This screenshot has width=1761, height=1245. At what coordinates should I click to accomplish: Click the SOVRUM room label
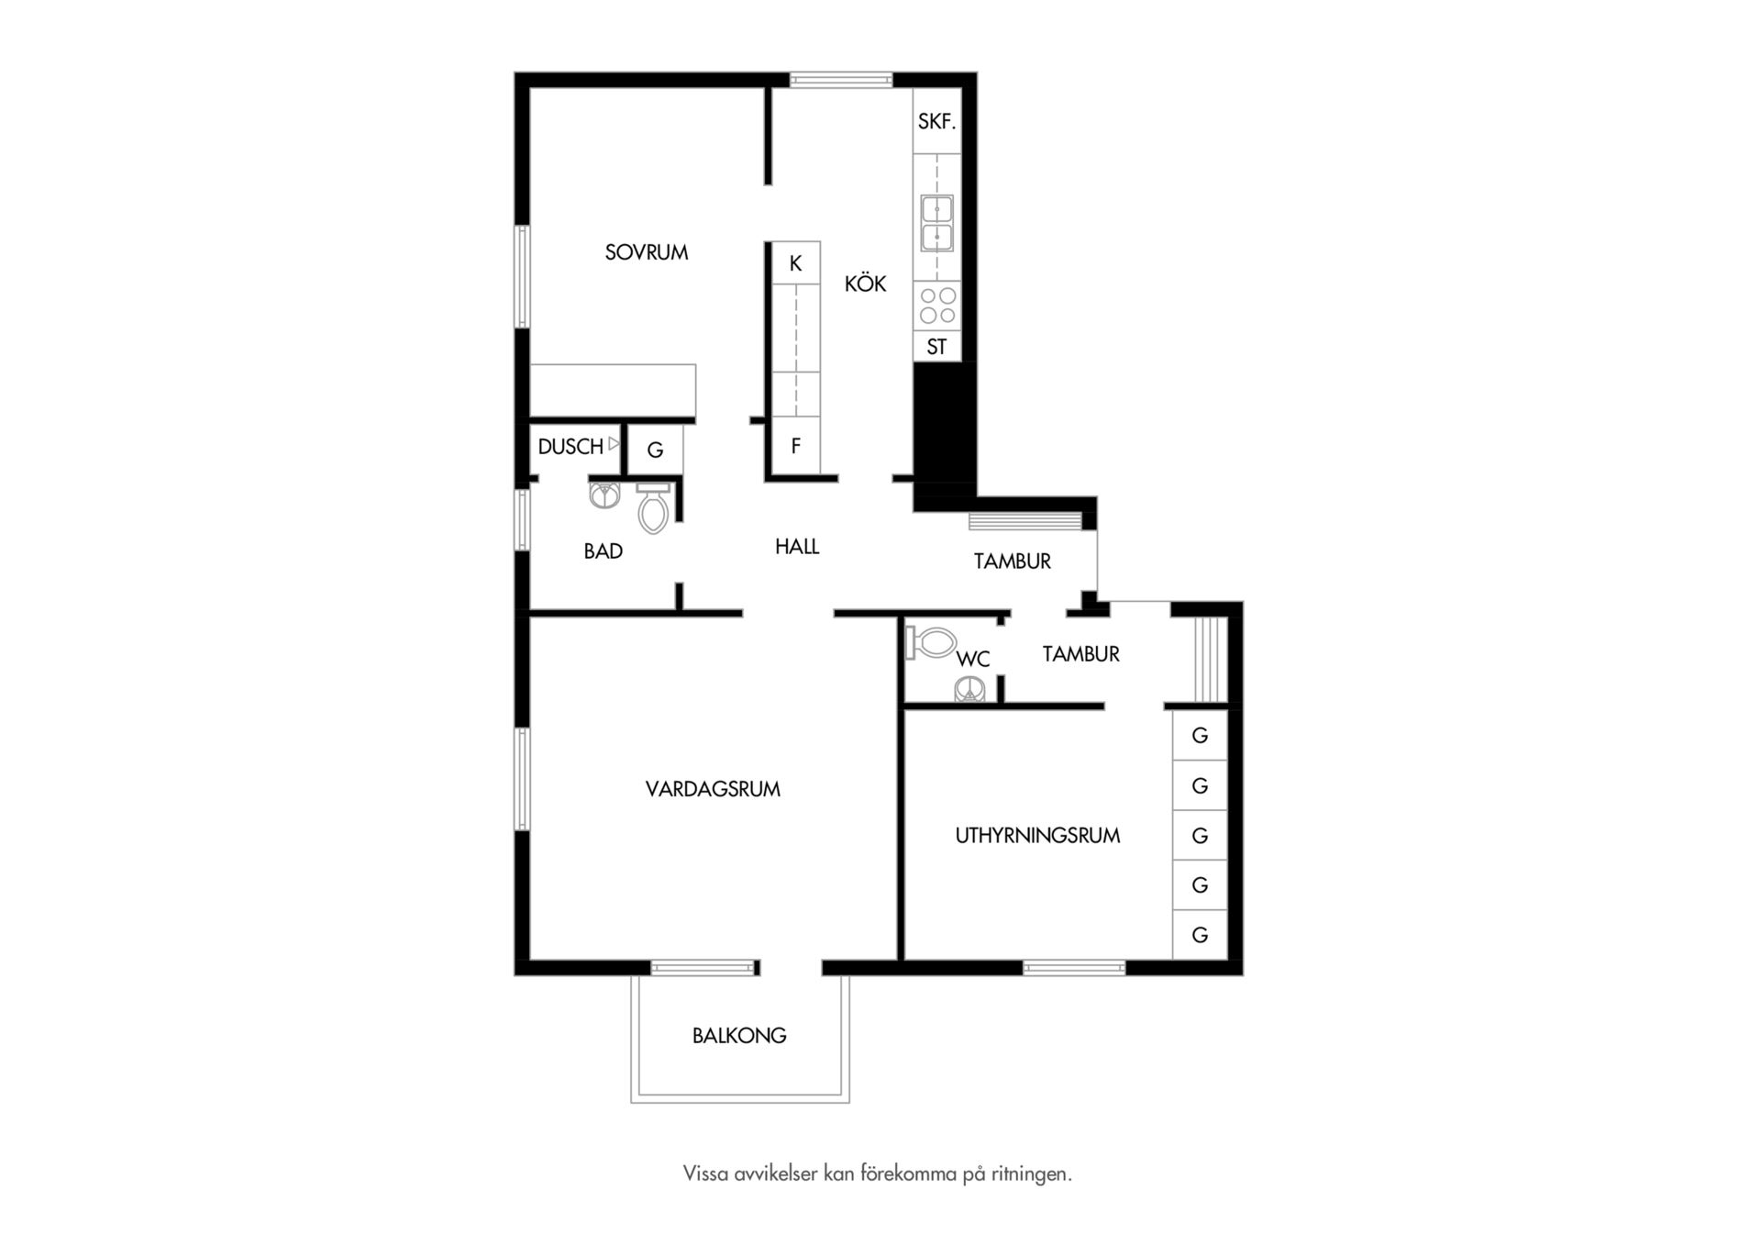[x=647, y=252]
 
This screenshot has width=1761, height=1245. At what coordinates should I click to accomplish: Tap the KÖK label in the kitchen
[x=865, y=283]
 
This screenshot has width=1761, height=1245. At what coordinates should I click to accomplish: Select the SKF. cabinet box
[x=936, y=121]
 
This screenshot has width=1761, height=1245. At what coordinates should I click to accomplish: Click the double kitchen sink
[x=936, y=223]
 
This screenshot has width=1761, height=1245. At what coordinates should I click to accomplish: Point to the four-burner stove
[x=937, y=306]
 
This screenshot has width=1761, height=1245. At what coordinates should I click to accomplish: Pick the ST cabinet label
[x=936, y=347]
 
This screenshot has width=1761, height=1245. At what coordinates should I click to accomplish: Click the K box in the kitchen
[x=795, y=263]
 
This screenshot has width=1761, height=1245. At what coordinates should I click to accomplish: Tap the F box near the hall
[x=795, y=447]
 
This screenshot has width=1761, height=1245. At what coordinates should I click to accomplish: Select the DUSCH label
[x=570, y=447]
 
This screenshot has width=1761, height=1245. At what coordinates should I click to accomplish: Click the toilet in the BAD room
[x=653, y=509]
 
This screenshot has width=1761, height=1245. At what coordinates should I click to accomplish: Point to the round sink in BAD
[x=605, y=495]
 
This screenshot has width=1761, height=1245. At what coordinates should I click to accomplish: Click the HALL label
[x=797, y=547]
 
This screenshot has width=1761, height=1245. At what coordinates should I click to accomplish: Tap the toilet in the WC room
[x=931, y=641]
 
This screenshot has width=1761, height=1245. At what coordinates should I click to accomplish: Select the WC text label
[x=973, y=660]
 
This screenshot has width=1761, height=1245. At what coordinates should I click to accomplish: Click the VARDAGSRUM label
[x=713, y=789]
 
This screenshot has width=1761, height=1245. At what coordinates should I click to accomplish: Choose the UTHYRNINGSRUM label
[x=1037, y=836]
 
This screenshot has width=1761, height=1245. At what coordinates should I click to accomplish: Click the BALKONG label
[x=739, y=1036]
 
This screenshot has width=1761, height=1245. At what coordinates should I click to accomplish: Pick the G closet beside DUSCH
[x=656, y=450]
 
